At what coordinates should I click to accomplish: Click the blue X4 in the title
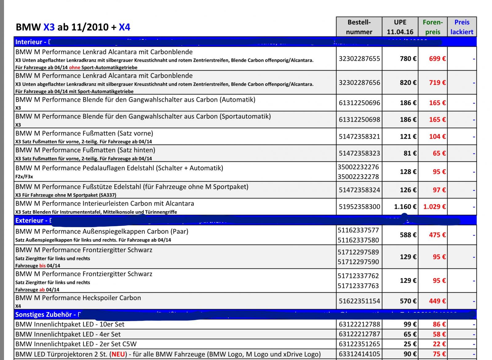pyautogui.click(x=124, y=27)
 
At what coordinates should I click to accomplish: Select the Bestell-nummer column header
pyautogui.click(x=359, y=27)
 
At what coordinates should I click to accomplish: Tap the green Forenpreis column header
pyautogui.click(x=433, y=27)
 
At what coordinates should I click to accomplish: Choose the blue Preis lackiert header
pyautogui.click(x=462, y=27)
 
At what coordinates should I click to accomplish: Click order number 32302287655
pyautogui.click(x=359, y=59)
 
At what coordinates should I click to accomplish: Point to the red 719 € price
pyautogui.click(x=437, y=83)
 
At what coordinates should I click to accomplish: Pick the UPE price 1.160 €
pyautogui.click(x=405, y=207)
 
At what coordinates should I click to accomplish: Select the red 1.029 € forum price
pyautogui.click(x=434, y=207)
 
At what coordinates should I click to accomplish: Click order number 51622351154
pyautogui.click(x=359, y=301)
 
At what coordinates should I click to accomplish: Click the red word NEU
pyautogui.click(x=118, y=354)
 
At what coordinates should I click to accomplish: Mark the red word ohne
pyautogui.click(x=74, y=68)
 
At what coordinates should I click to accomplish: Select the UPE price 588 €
pyautogui.click(x=408, y=235)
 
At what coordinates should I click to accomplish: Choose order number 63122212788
pyautogui.click(x=359, y=324)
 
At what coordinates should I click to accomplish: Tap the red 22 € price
pyautogui.click(x=439, y=344)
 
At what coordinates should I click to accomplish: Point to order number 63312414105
pyautogui.click(x=359, y=354)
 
